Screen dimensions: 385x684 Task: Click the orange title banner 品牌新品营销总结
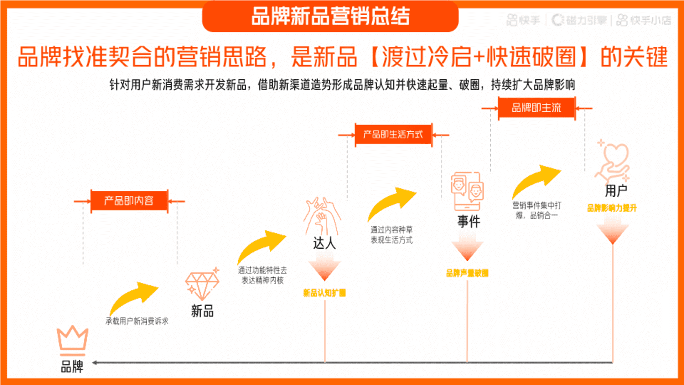pyautogui.click(x=330, y=16)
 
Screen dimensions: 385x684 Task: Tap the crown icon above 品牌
pyautogui.click(x=72, y=339)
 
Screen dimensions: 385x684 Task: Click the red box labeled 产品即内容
pyautogui.click(x=129, y=201)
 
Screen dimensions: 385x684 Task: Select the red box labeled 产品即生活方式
pyautogui.click(x=393, y=134)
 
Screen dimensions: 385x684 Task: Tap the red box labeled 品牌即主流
pyautogui.click(x=536, y=108)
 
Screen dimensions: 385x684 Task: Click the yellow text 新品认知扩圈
pyautogui.click(x=324, y=293)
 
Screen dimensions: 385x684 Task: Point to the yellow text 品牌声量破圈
pyautogui.click(x=467, y=273)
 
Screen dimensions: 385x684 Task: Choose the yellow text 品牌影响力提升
pyautogui.click(x=612, y=208)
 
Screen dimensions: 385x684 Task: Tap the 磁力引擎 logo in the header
pyautogui.click(x=579, y=20)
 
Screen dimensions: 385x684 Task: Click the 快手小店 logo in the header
pyautogui.click(x=644, y=20)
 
